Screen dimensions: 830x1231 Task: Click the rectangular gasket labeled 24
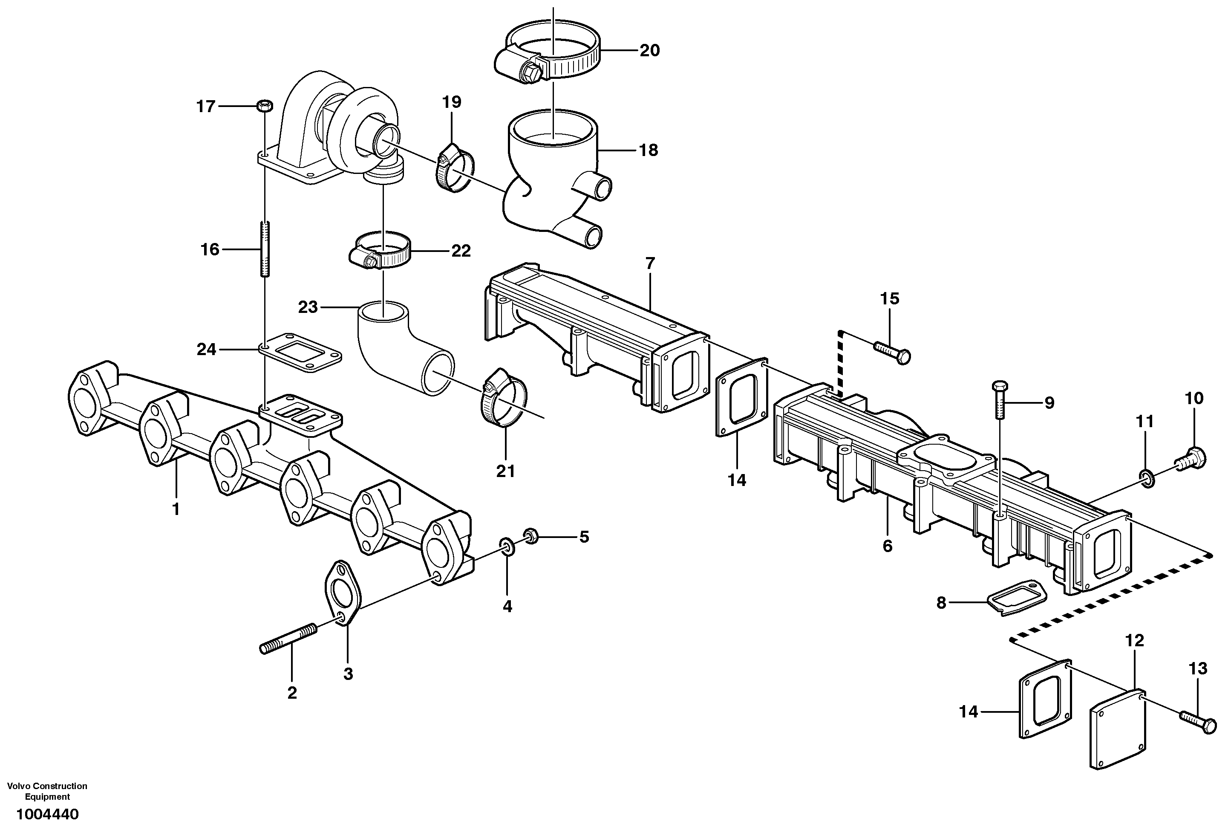click(300, 350)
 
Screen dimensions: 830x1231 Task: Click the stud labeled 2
click(288, 639)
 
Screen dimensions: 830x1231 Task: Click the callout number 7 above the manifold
click(650, 263)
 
